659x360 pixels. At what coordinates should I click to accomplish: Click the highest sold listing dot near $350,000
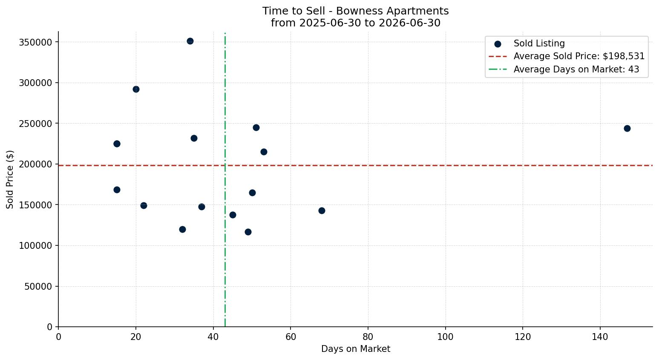tap(190, 41)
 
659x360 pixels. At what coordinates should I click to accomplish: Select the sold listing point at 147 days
tap(627, 129)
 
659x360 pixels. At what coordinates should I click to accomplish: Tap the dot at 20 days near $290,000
tap(136, 89)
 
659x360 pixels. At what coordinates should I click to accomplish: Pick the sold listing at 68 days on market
tap(322, 210)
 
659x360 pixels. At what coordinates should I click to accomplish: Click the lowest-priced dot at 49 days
tap(248, 232)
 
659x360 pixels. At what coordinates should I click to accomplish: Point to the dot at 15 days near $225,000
tap(117, 144)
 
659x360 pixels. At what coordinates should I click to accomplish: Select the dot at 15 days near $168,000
tap(117, 190)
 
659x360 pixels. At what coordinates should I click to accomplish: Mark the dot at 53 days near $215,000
tap(264, 152)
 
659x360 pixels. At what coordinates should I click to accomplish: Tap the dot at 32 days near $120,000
tap(182, 229)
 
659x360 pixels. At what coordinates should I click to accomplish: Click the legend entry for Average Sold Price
tap(567, 56)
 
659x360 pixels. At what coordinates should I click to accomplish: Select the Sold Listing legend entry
tap(529, 43)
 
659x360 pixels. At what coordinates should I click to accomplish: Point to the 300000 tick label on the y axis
tap(35, 83)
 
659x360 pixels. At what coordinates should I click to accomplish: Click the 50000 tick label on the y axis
tap(38, 286)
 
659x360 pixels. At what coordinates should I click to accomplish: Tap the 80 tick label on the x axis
tap(368, 337)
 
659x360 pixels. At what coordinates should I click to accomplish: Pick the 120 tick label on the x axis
tap(523, 337)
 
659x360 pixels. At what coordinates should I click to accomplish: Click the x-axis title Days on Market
tap(356, 349)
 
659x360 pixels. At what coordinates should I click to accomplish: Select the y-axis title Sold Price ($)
tap(10, 179)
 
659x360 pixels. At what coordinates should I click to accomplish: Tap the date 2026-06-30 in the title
tap(409, 23)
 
